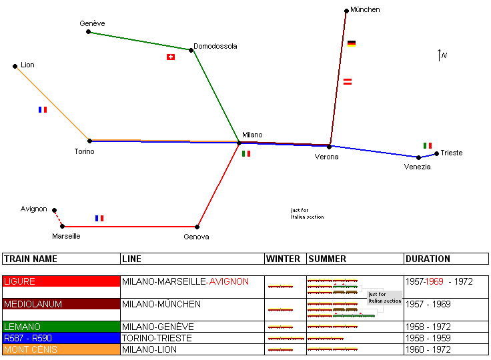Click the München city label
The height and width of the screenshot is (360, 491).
[x=365, y=10]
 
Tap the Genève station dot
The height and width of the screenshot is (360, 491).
[x=88, y=31]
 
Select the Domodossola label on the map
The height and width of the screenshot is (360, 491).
[x=215, y=47]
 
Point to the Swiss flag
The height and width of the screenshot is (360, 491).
[x=171, y=57]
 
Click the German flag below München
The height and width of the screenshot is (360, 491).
[x=352, y=43]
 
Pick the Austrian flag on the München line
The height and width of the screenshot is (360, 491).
[x=348, y=81]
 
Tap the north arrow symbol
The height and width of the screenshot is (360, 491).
[x=440, y=55]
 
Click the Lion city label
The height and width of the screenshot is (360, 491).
[x=27, y=65]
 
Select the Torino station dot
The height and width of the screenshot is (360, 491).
[x=89, y=141]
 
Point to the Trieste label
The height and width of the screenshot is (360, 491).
[x=452, y=153]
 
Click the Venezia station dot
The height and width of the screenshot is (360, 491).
[x=419, y=158]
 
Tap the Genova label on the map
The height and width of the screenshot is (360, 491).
[x=197, y=237]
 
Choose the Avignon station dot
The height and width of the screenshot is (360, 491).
[x=55, y=210]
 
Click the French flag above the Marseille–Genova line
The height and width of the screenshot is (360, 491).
[x=99, y=218]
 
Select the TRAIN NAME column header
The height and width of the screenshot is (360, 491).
[x=31, y=259]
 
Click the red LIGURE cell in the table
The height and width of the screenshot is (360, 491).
[x=61, y=282]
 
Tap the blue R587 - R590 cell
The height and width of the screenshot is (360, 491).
[x=61, y=338]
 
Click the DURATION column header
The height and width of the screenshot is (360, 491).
[x=428, y=259]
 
